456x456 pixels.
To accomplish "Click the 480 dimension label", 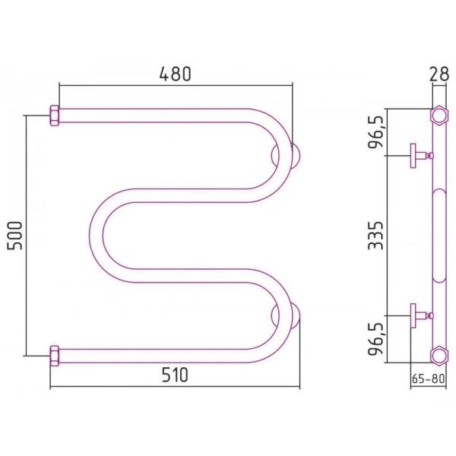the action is click(176, 74).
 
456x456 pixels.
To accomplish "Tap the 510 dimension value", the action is click(175, 375).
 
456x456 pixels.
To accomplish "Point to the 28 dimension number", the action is click(439, 74).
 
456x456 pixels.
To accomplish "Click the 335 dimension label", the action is click(375, 236).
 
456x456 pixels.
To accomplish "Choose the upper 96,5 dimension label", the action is click(376, 132).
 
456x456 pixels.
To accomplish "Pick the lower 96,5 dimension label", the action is click(376, 339).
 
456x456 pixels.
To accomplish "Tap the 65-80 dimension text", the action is click(429, 378).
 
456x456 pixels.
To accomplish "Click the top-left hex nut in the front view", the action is click(55, 116).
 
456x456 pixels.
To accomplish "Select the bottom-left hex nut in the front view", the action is click(55, 356).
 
